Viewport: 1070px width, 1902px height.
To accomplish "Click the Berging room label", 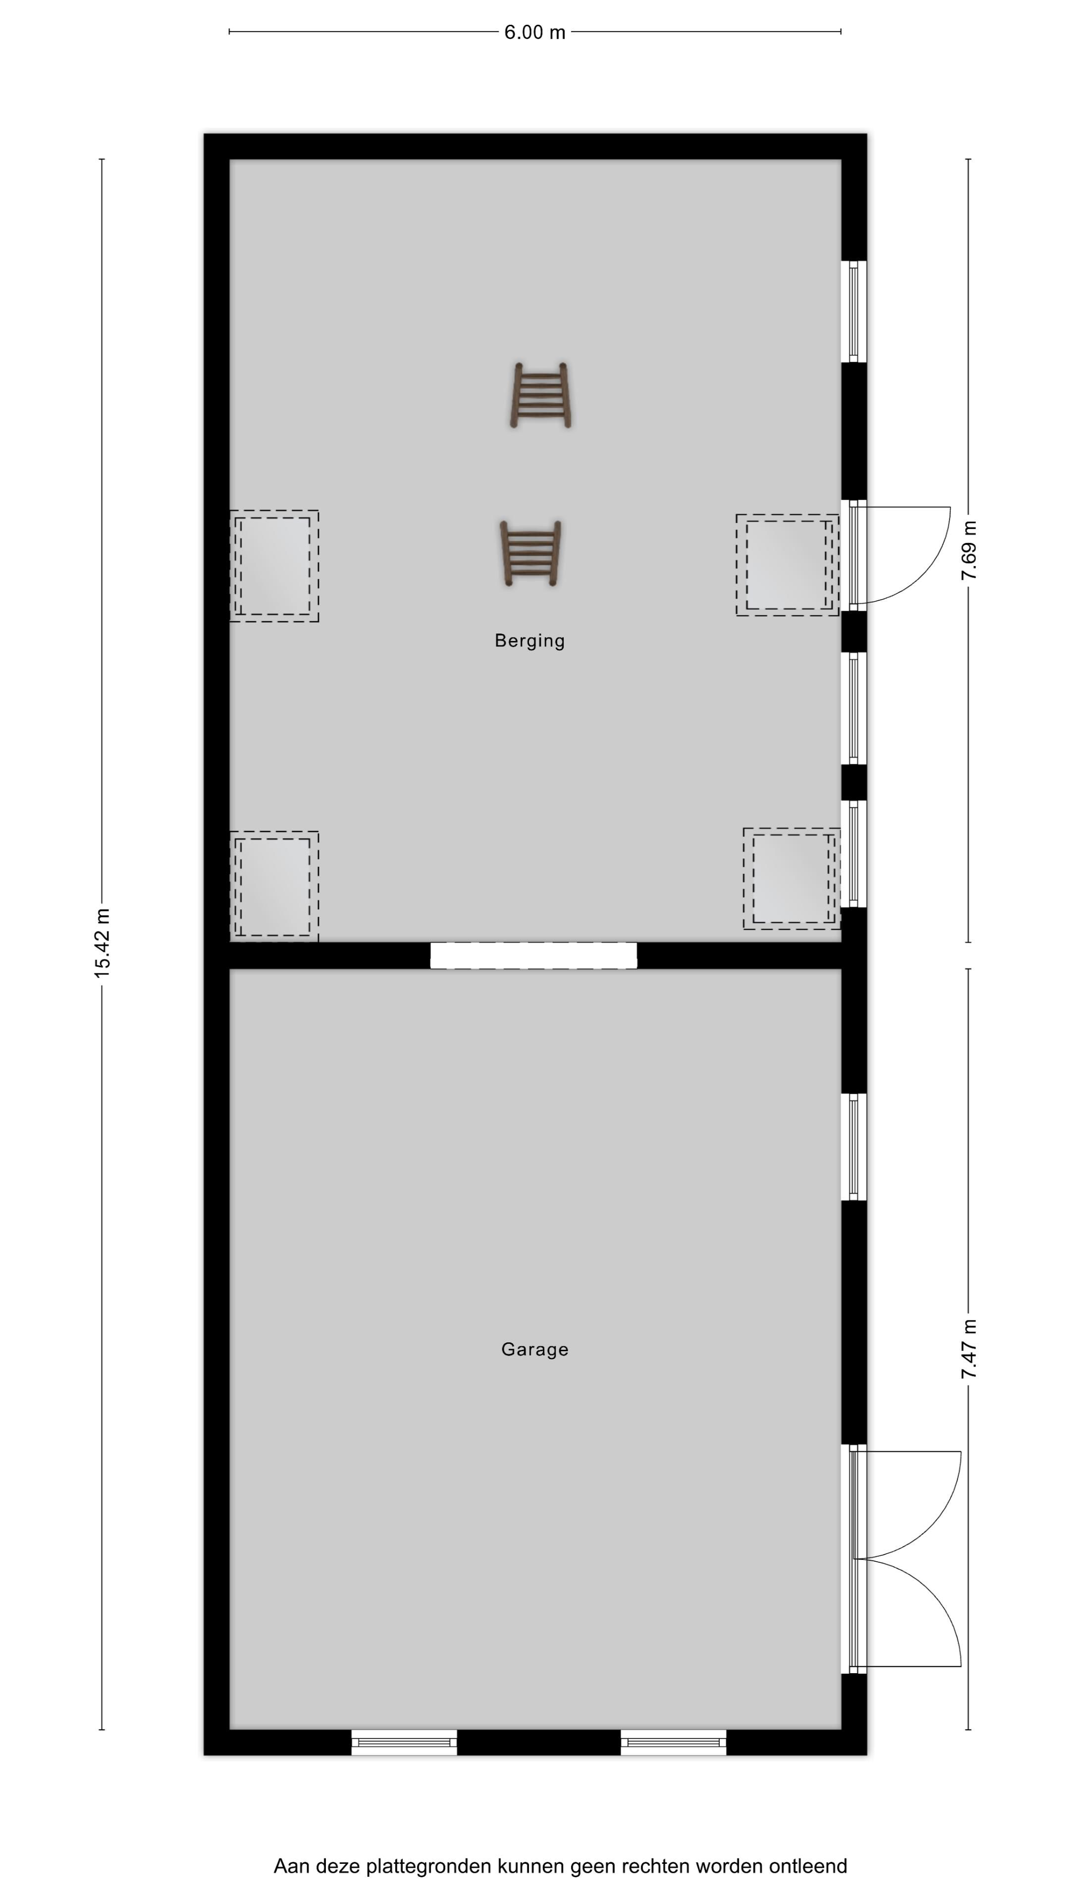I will click(530, 641).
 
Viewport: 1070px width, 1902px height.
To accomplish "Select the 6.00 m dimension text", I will click(535, 33).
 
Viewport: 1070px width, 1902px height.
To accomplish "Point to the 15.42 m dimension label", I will click(102, 944).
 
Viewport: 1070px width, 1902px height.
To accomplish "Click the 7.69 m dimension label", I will click(969, 550).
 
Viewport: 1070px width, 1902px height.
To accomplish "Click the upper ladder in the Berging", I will click(540, 395).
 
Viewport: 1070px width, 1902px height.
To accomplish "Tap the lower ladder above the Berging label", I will click(530, 554).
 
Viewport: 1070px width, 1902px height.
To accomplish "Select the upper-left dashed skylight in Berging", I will click(274, 566).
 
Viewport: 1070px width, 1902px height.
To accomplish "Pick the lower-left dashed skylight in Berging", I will click(274, 886).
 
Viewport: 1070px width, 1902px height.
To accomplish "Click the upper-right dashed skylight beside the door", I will click(787, 565).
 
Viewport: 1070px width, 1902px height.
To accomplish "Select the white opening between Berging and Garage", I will click(533, 955).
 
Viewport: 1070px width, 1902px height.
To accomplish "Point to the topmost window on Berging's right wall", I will click(854, 311).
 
